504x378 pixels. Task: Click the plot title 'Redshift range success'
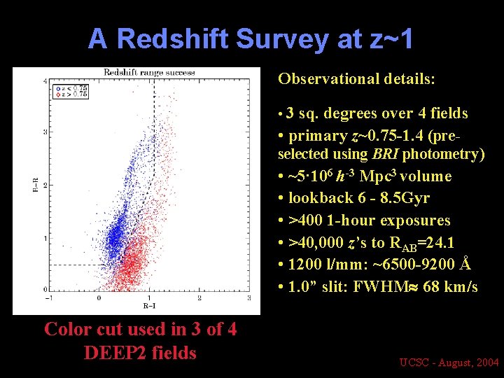(x=149, y=72)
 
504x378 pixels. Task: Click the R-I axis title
(x=149, y=305)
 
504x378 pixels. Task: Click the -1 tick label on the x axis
(x=49, y=298)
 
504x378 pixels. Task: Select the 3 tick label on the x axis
(x=249, y=298)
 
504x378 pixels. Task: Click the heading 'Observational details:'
(x=356, y=78)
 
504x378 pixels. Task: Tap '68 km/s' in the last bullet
(x=450, y=286)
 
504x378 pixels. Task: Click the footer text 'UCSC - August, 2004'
(x=449, y=362)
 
